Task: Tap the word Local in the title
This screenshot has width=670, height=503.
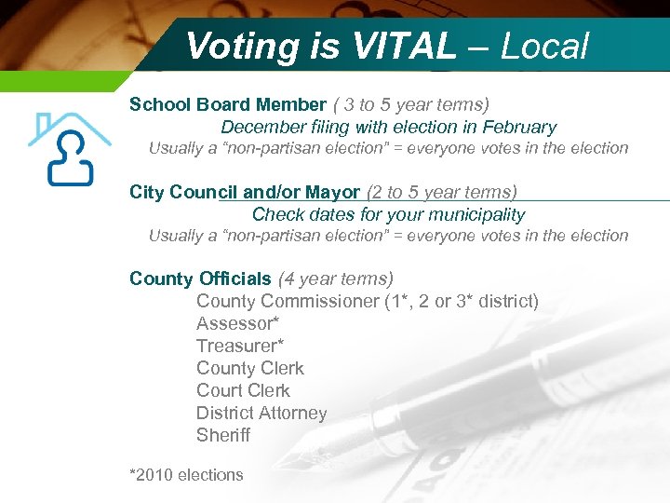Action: click(544, 46)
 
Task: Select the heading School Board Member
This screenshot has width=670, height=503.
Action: click(228, 104)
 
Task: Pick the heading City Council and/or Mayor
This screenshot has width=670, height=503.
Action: click(245, 192)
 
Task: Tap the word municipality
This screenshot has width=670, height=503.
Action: click(469, 214)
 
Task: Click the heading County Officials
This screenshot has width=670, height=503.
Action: click(200, 279)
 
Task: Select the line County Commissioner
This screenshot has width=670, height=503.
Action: click(367, 301)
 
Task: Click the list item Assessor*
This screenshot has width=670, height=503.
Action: click(238, 323)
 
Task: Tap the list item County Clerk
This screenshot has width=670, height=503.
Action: click(250, 368)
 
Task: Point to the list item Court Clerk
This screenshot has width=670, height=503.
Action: click(243, 390)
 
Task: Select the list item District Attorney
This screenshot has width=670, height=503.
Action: click(261, 413)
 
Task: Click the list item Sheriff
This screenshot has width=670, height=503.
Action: click(223, 435)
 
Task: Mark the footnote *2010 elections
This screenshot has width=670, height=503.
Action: click(186, 475)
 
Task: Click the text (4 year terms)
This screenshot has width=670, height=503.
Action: click(336, 279)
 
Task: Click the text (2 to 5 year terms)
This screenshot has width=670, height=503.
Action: click(442, 192)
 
